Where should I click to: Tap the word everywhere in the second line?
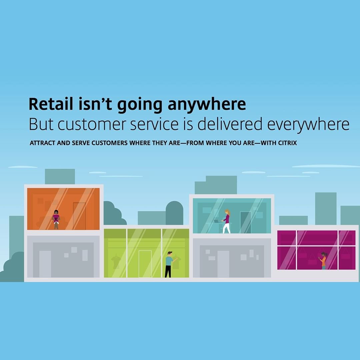point(308,124)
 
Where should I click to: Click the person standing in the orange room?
point(56,220)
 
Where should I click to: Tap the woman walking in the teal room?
point(227,221)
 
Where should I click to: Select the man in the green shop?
point(169,264)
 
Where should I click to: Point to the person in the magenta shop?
point(323,261)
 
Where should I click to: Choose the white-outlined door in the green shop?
point(145,264)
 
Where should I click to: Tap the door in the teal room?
point(245,222)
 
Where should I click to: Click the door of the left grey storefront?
point(45,264)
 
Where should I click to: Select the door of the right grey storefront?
point(223,264)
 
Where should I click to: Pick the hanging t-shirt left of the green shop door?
point(116,262)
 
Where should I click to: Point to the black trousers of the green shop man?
point(168,271)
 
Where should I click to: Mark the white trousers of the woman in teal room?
point(227,228)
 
